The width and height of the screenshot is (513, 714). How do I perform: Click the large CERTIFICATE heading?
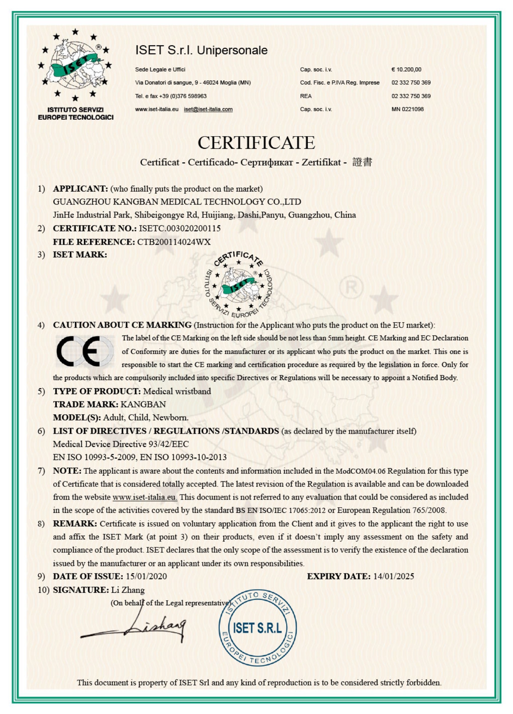point(256,143)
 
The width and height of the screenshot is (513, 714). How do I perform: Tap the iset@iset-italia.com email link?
point(208,109)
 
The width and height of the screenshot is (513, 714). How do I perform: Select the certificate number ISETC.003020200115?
point(180,228)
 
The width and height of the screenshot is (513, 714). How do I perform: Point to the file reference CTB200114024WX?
point(174,242)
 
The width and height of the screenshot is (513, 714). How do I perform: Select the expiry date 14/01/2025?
point(394,576)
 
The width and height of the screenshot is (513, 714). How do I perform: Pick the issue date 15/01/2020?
point(146,576)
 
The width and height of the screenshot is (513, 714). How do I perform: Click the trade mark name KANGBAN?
point(143,404)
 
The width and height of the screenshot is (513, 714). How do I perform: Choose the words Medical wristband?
point(177,391)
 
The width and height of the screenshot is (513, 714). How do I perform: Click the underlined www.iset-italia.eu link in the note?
point(144,497)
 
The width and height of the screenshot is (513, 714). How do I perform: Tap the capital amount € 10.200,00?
point(406,70)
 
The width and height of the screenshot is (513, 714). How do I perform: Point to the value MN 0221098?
point(407,109)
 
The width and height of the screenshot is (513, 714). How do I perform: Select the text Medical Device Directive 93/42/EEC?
point(121,444)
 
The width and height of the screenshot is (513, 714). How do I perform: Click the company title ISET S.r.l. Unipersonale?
point(201,50)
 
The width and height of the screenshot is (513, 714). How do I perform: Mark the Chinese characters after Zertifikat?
point(362,162)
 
